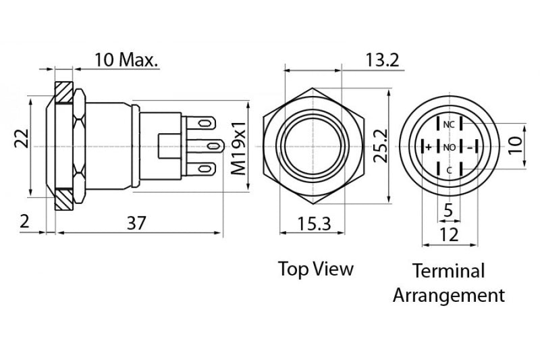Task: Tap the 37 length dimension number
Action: point(137,222)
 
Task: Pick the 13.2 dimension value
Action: point(383,59)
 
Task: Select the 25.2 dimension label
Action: point(381,146)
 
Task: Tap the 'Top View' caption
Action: point(316,269)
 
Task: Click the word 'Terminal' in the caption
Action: point(449,272)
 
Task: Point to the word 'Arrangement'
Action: point(449,295)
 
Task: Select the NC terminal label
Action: point(449,124)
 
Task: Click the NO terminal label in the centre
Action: point(449,147)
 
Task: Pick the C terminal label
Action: point(449,170)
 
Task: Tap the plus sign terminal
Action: point(428,147)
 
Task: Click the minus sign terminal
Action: point(470,147)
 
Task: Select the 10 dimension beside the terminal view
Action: point(516,142)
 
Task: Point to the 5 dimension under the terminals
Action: point(448,211)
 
